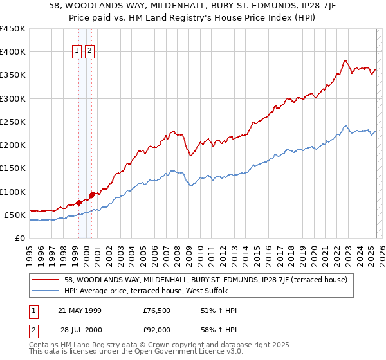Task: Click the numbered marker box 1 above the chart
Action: (x=77, y=52)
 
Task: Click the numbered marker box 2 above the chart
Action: (x=89, y=52)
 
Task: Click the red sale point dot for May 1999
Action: (x=78, y=203)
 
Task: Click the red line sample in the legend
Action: (x=46, y=280)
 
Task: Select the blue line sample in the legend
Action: (x=46, y=291)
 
